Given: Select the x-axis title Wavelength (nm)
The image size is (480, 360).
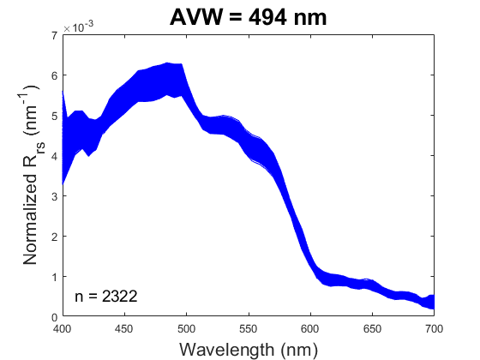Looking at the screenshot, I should [248, 349].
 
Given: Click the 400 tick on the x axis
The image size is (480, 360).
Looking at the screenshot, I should [63, 328].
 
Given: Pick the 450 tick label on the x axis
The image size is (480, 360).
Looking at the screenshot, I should [124, 328].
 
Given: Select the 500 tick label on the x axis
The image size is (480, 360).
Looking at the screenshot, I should [186, 328].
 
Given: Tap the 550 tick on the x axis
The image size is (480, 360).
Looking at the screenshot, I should [249, 328].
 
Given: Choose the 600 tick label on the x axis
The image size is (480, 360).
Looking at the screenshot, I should [310, 328].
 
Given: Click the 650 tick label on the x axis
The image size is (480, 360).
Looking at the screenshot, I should [372, 328].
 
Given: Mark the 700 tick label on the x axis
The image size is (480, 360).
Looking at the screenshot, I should [434, 328].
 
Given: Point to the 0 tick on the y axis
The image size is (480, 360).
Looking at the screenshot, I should [54, 317].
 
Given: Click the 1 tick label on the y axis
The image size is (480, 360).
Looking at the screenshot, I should [54, 277].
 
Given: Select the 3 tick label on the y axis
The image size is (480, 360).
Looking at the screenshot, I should [54, 196].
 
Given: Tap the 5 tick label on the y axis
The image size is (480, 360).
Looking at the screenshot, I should [54, 116].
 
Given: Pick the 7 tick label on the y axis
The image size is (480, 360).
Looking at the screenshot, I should [54, 35].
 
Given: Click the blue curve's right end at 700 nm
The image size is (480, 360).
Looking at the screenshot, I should [433, 300].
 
